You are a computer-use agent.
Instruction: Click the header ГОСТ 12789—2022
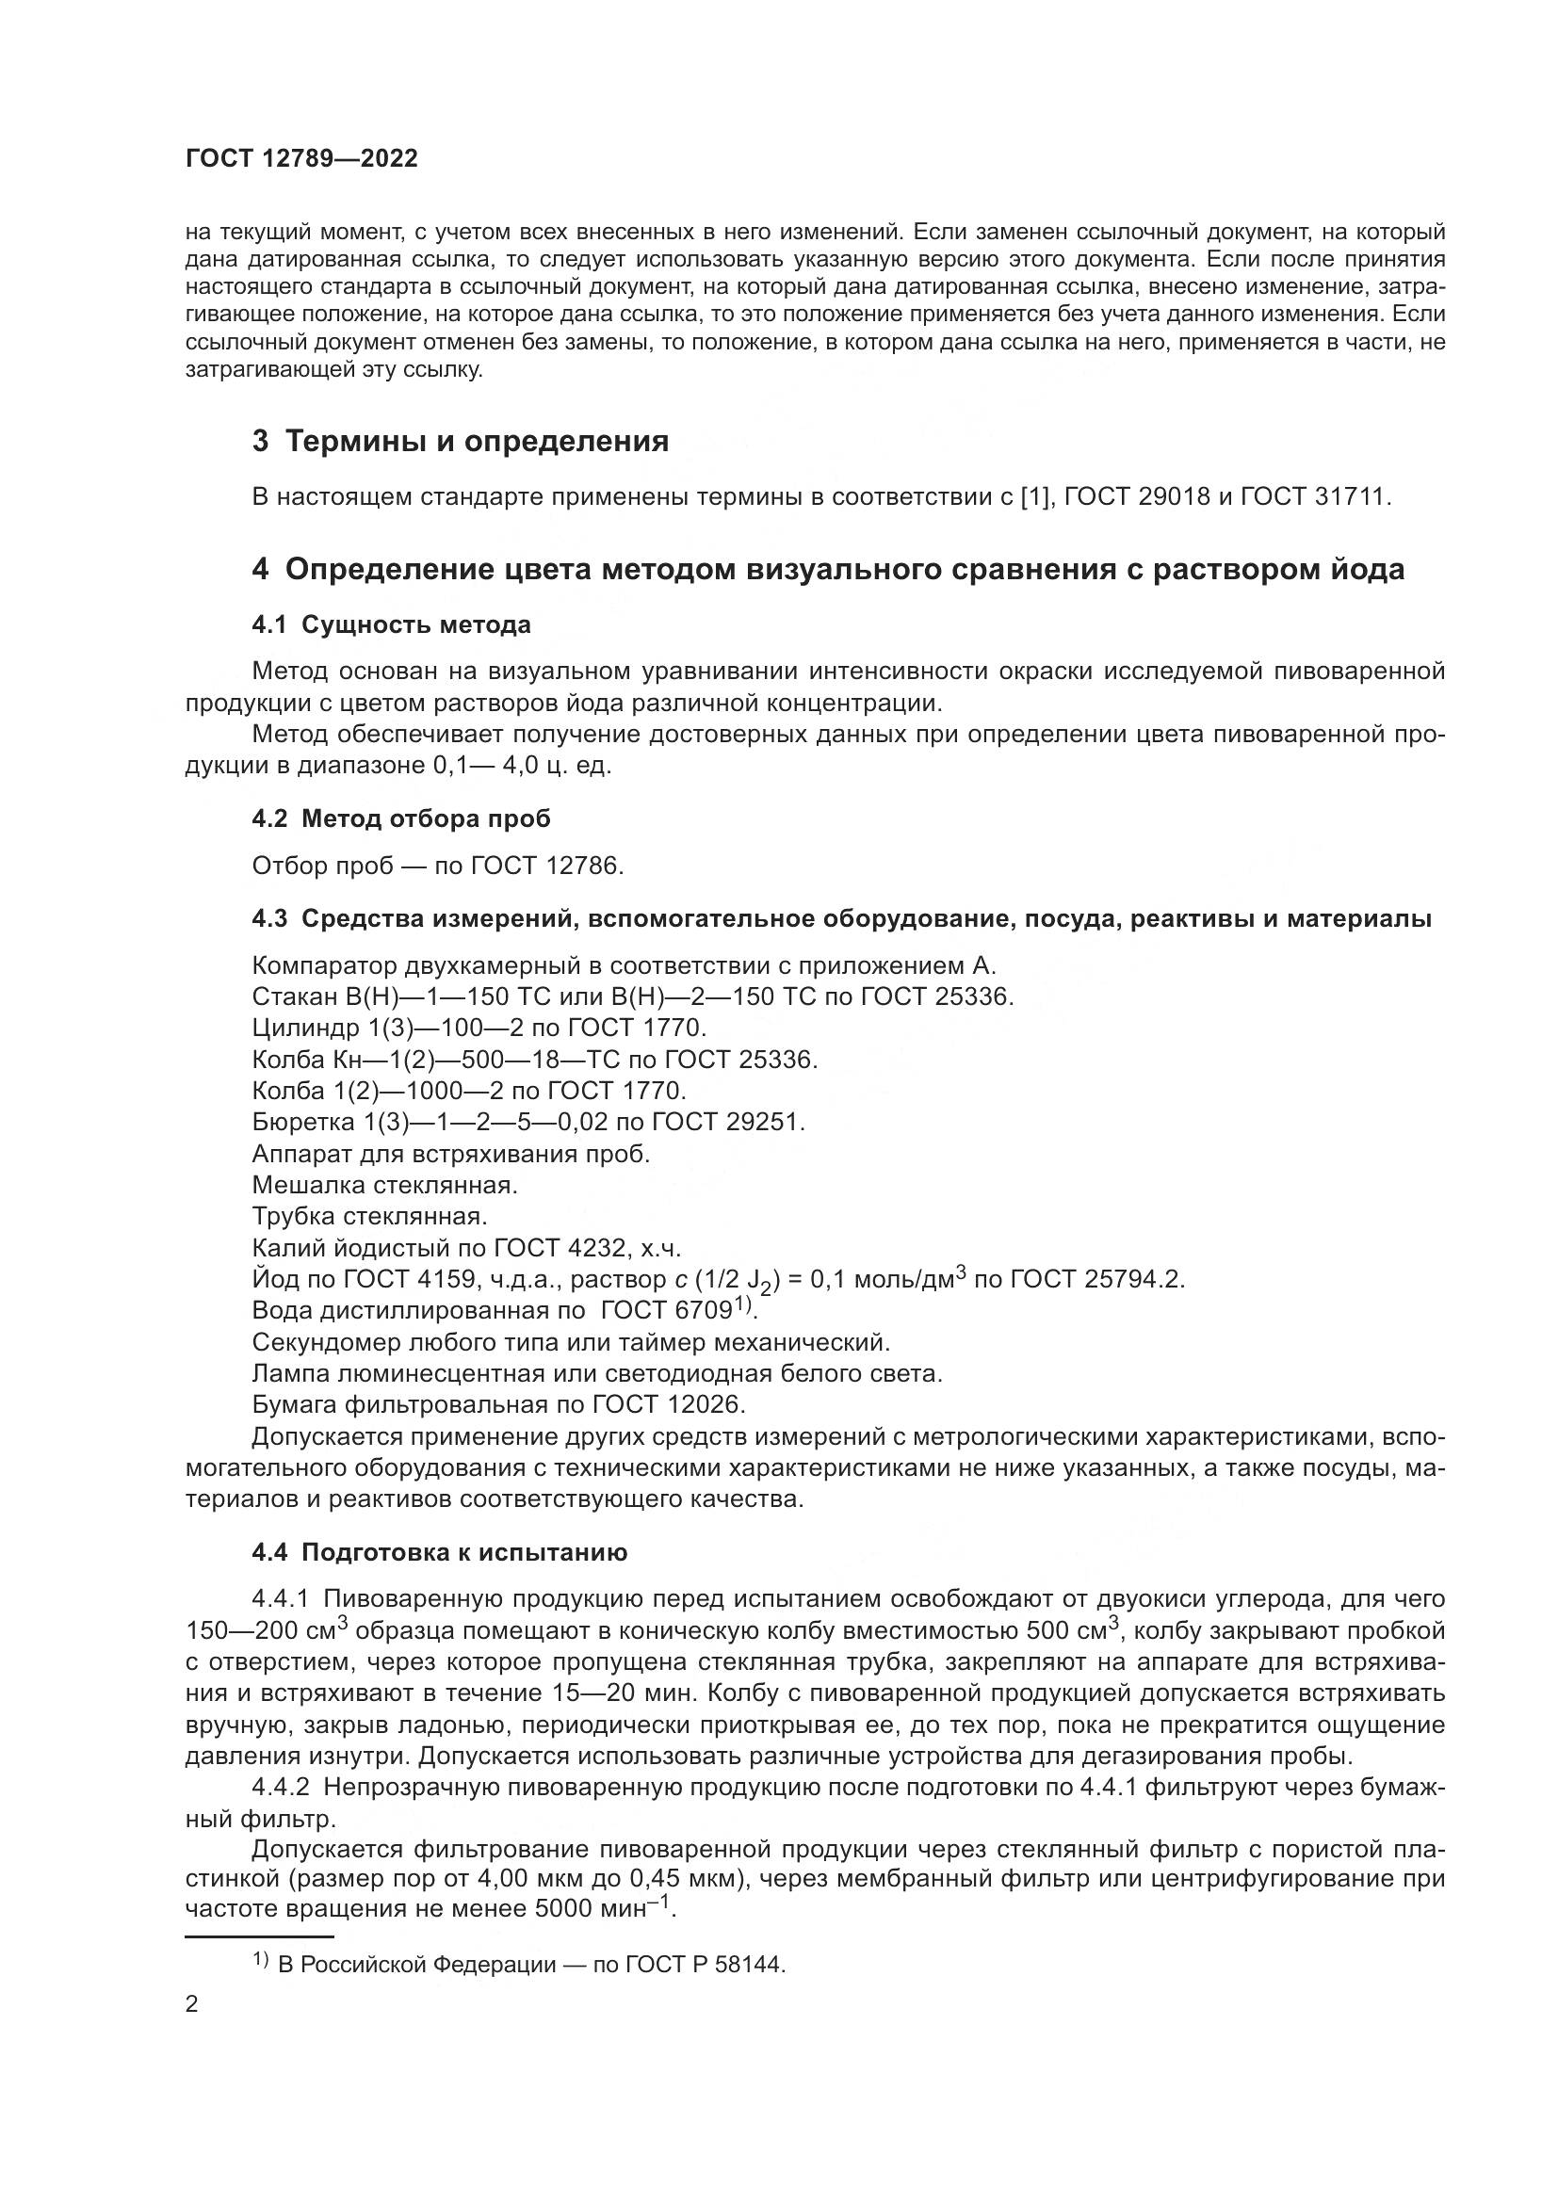tap(301, 159)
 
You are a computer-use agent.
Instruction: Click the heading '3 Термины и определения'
tap(461, 442)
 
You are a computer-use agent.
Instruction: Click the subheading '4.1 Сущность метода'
tap(391, 624)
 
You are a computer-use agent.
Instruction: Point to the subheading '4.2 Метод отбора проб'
tap(401, 818)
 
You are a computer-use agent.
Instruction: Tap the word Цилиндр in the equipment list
tap(304, 1028)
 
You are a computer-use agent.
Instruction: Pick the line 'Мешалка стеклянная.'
tap(384, 1185)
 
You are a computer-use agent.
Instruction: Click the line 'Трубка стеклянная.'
tap(369, 1217)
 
